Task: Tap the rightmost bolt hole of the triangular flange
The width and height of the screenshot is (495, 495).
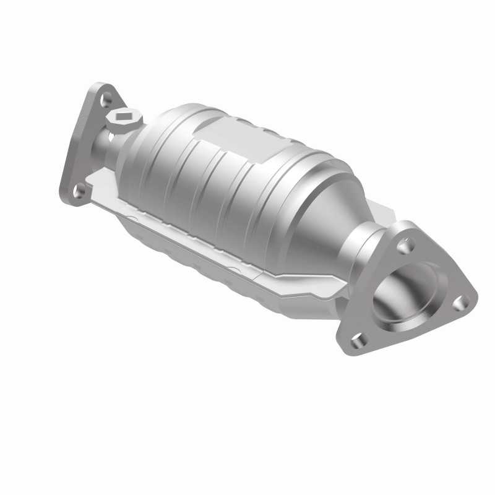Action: click(x=458, y=303)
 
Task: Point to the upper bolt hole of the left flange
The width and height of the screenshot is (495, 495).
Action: click(x=107, y=98)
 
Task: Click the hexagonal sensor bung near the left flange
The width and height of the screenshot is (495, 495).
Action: click(x=124, y=118)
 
